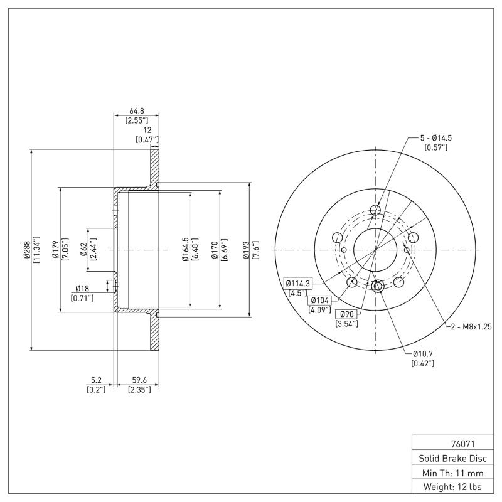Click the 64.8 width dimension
136,110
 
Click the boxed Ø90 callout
346,314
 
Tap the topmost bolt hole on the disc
376,210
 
